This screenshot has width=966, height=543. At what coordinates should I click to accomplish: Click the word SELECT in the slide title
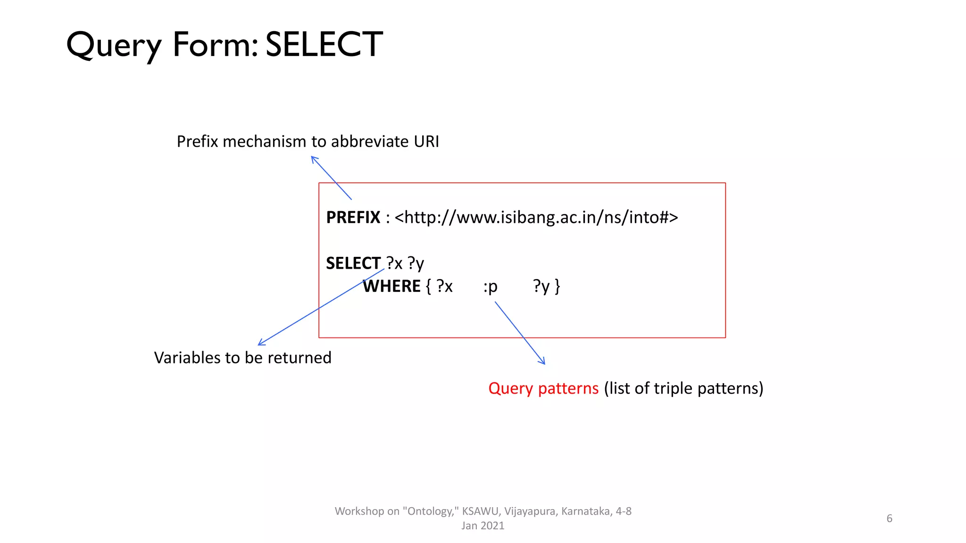[x=324, y=45]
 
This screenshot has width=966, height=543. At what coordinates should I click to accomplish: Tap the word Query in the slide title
[x=114, y=46]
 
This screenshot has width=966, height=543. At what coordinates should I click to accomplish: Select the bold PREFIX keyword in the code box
[x=353, y=217]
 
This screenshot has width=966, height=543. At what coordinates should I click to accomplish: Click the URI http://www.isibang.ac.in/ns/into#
[x=536, y=217]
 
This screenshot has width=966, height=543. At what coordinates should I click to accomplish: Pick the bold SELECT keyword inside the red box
[x=353, y=263]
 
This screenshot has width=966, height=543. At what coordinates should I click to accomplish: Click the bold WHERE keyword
[x=391, y=286]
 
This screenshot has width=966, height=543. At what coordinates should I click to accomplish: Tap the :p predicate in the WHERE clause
[x=491, y=287]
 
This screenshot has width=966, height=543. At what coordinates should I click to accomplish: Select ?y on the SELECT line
[x=416, y=263]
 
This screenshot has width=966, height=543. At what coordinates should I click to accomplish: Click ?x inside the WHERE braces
[x=444, y=286]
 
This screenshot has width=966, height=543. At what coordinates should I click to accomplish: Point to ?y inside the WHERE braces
[x=541, y=286]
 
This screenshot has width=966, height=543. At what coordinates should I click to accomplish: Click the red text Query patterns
[x=543, y=388]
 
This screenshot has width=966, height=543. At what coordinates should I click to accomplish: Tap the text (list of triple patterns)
[x=683, y=388]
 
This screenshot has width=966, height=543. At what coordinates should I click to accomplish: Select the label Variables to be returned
[x=242, y=358]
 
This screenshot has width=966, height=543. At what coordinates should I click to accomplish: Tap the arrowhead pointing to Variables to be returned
[x=260, y=344]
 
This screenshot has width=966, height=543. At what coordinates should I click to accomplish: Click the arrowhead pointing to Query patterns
[x=543, y=362]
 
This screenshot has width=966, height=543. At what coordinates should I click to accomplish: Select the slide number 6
[x=889, y=518]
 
